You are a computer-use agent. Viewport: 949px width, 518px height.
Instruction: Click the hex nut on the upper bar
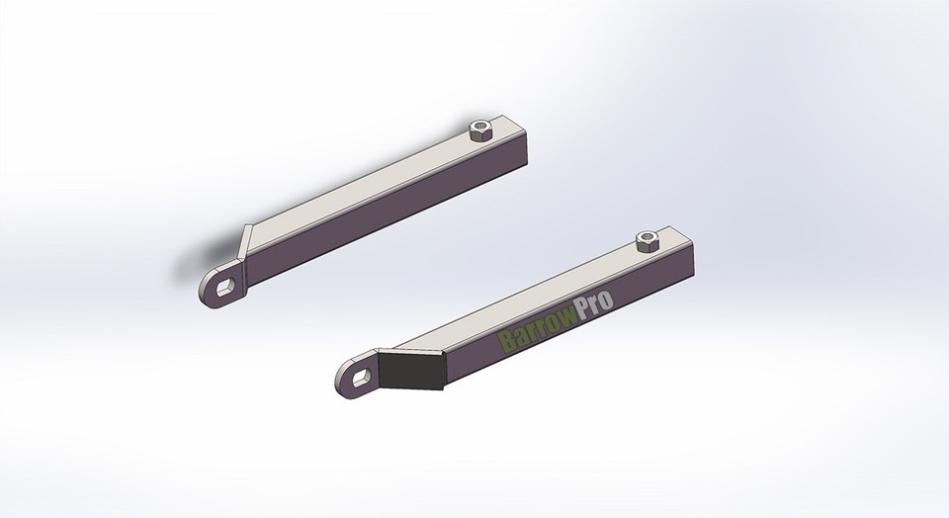[481, 129]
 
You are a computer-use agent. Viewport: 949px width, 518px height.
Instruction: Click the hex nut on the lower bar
[647, 239]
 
